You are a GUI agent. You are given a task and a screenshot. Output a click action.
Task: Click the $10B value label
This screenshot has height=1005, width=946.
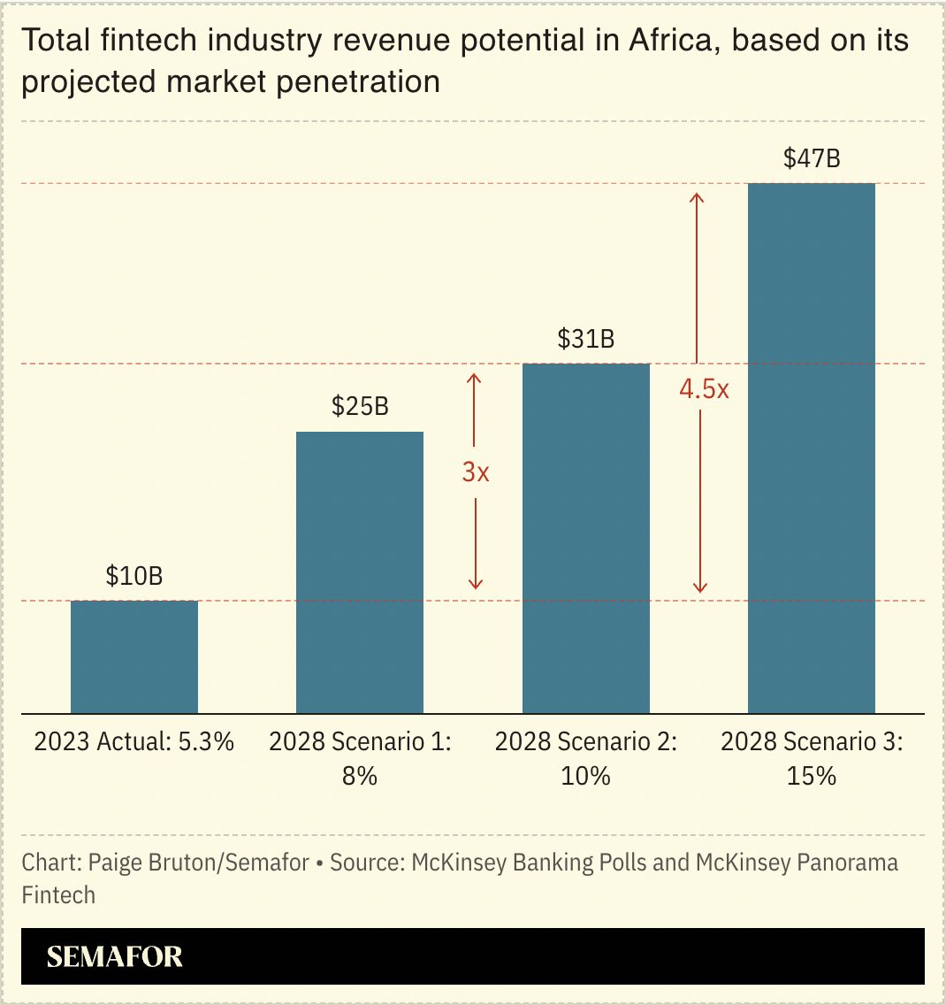(x=134, y=576)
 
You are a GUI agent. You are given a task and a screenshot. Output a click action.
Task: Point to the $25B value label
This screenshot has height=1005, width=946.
(x=360, y=406)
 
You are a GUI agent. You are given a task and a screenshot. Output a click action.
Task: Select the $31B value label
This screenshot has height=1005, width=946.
(x=586, y=339)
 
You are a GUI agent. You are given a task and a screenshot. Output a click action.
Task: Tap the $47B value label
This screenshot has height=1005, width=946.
(x=812, y=158)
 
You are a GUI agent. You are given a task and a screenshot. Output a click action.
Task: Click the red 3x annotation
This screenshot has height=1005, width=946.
(x=476, y=472)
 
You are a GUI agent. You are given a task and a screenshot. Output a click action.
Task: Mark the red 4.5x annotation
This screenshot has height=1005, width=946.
(x=704, y=388)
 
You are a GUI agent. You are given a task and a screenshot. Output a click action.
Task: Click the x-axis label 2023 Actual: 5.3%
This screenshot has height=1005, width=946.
(x=134, y=741)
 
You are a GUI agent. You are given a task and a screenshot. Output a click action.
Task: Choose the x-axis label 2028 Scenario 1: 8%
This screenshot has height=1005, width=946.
(x=360, y=758)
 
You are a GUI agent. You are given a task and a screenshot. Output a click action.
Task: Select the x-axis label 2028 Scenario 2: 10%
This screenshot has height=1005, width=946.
(x=586, y=758)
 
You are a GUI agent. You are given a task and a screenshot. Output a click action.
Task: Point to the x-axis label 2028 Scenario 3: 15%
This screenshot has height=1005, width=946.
(x=812, y=758)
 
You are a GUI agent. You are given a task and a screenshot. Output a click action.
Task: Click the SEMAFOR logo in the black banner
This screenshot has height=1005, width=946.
(x=114, y=956)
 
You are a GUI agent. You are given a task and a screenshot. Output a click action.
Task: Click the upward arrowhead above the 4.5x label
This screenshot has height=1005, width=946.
(x=697, y=196)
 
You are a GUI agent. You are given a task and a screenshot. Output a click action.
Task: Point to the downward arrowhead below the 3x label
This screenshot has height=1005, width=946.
(x=475, y=583)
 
